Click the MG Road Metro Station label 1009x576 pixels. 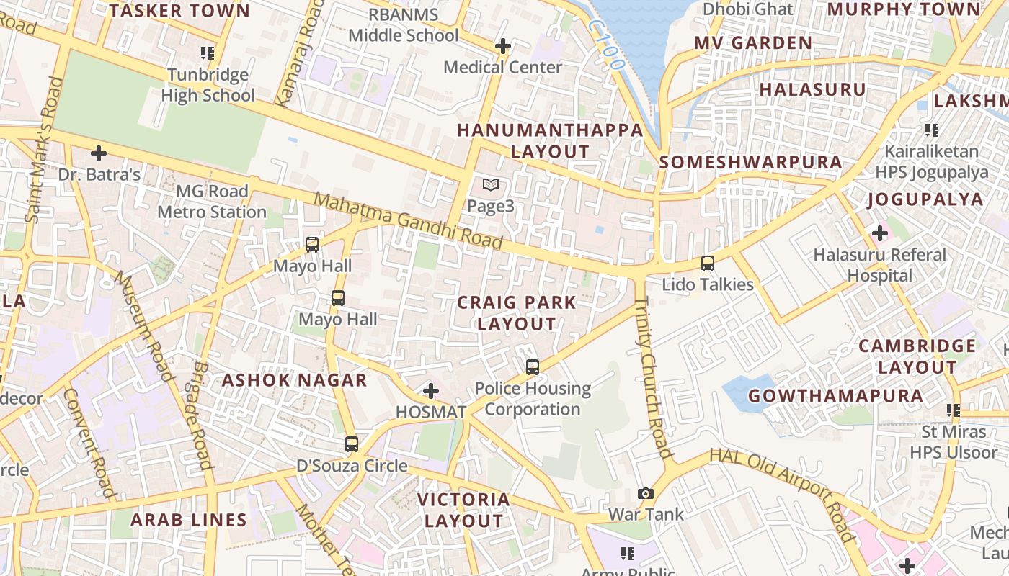pos(212,202)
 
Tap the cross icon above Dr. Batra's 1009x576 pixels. pos(99,153)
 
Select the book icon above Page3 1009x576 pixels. pos(491,185)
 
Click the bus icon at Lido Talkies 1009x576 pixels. pos(708,264)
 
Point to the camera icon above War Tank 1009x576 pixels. pos(646,493)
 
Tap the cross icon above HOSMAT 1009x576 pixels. pos(431,391)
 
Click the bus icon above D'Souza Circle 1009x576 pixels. pos(352,444)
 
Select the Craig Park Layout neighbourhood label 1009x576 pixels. pos(517,313)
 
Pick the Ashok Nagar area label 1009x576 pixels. pos(294,380)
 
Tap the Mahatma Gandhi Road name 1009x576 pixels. pos(408,221)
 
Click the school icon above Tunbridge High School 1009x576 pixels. pos(208,53)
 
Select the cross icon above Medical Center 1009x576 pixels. pos(502,46)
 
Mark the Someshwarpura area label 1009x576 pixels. pos(750,162)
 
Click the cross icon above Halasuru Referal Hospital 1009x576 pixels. pos(879,233)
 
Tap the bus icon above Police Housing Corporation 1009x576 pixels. pos(533,367)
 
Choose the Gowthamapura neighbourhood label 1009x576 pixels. pos(835,396)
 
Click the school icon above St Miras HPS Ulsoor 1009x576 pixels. pos(954,410)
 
